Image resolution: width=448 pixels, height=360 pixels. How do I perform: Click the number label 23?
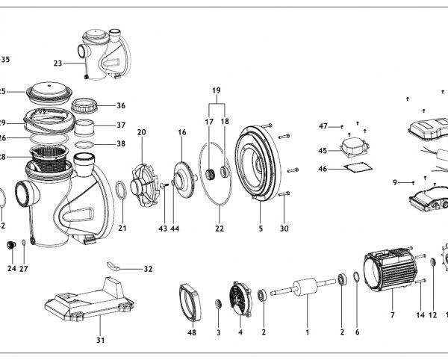click(x=57, y=63)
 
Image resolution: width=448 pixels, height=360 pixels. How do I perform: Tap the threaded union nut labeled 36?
click(x=93, y=107)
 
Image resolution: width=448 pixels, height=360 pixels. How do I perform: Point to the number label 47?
click(x=323, y=125)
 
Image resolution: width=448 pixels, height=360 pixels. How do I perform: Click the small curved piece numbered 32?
click(x=114, y=265)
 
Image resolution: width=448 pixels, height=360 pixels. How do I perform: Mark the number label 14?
click(x=420, y=315)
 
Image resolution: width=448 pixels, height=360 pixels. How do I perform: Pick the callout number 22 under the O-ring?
click(x=218, y=229)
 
